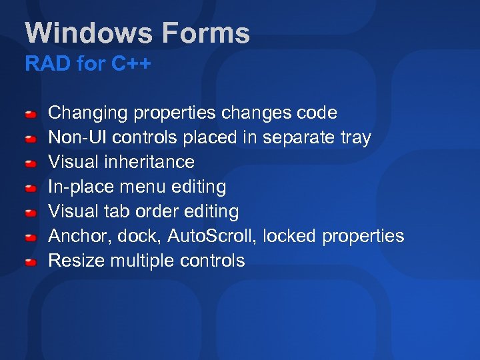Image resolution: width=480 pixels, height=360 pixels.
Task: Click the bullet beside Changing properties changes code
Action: [x=31, y=115]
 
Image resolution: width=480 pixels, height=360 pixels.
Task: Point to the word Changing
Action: [x=88, y=113]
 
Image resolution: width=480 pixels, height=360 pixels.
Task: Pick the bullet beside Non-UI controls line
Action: [x=31, y=139]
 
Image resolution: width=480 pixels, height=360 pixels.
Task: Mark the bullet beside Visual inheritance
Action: [x=31, y=164]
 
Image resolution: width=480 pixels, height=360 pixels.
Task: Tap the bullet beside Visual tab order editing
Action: [x=31, y=213]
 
